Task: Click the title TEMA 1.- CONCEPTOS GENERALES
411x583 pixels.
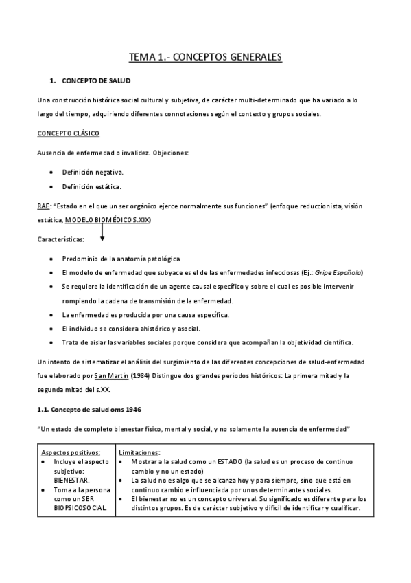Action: pos(206,58)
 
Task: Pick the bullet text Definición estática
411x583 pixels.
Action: pos(91,186)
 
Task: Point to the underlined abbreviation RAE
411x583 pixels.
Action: pos(43,206)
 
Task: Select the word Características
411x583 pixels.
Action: pos(61,239)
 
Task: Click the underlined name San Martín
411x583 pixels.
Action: pos(110,375)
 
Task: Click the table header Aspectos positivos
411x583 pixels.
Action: pos(71,452)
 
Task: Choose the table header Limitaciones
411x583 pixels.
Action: pos(140,452)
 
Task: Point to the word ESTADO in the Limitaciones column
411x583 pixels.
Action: pos(229,462)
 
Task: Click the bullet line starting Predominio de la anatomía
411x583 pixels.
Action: pos(121,258)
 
